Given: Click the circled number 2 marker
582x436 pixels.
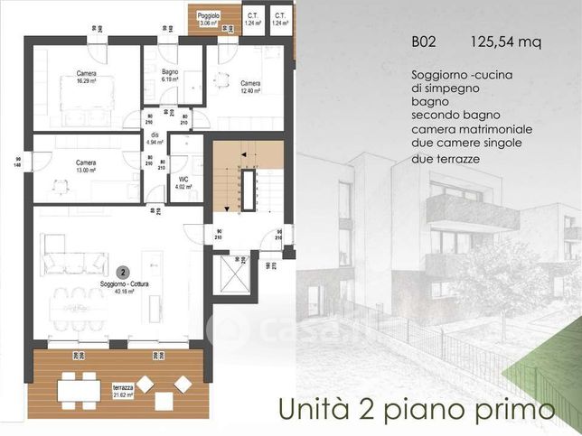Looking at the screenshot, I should [123, 271].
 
